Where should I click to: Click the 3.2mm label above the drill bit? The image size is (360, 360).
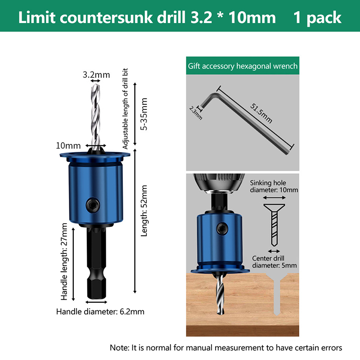96,75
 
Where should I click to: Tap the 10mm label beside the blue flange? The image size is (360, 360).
68,145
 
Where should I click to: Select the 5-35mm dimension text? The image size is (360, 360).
144,114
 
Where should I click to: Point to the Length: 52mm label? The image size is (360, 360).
144,211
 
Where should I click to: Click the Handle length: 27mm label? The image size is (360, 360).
64,261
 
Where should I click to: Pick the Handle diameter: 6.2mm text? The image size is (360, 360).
100,311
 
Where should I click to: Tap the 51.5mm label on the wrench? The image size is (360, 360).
261,113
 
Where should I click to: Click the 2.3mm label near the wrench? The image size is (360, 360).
196,113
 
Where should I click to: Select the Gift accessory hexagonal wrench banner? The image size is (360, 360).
243,66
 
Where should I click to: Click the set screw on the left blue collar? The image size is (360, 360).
93,205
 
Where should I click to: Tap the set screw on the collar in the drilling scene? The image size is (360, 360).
222,229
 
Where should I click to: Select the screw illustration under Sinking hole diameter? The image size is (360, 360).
274,225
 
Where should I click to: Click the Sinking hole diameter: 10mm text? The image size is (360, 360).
274,186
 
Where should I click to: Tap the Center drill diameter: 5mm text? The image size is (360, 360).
274,262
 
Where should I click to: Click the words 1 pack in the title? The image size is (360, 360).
318,18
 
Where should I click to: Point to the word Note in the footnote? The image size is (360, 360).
119,347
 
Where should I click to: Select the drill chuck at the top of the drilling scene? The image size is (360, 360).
219,182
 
